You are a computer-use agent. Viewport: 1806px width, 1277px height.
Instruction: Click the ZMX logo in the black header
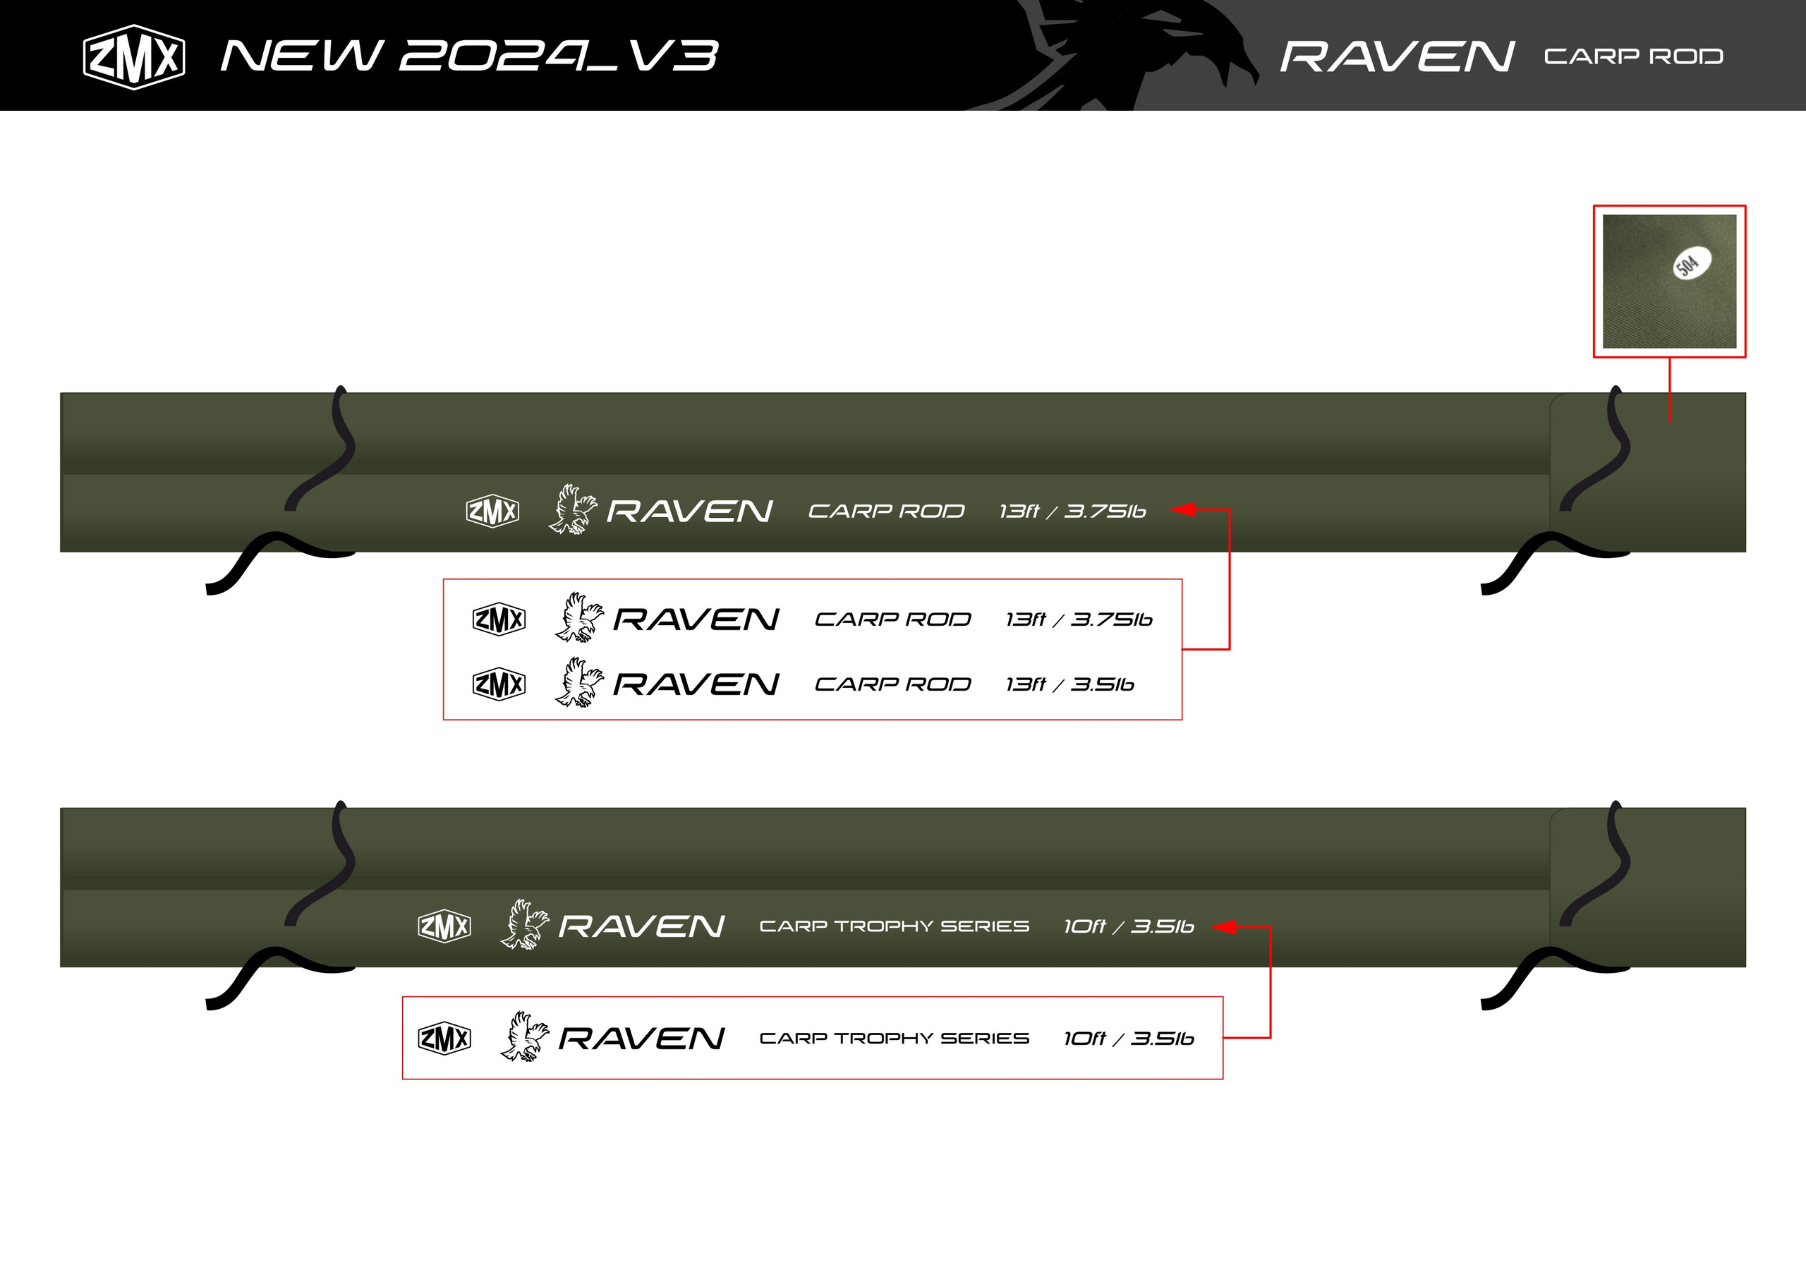pyautogui.click(x=134, y=56)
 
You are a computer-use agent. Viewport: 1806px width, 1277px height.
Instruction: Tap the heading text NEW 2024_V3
pyautogui.click(x=470, y=56)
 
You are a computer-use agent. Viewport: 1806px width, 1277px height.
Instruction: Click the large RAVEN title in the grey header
pyautogui.click(x=1397, y=56)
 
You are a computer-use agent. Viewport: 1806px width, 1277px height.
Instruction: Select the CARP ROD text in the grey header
pyautogui.click(x=1634, y=56)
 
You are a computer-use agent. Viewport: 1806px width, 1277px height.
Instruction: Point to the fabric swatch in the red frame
pyautogui.click(x=1670, y=281)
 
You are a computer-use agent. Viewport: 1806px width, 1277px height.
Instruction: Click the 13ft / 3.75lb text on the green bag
pyautogui.click(x=1072, y=512)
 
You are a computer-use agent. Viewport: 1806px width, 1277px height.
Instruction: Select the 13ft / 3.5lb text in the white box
pyautogui.click(x=1069, y=684)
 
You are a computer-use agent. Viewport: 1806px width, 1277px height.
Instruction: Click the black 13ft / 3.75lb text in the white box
pyautogui.click(x=1079, y=620)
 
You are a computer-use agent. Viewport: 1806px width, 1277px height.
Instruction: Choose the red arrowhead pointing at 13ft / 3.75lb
pyautogui.click(x=1183, y=510)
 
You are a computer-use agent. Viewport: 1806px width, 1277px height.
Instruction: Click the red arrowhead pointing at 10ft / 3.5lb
pyautogui.click(x=1225, y=927)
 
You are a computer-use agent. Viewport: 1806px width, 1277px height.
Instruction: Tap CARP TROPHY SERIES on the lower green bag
pyautogui.click(x=895, y=926)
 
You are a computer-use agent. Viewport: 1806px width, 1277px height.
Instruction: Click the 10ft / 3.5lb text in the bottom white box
pyautogui.click(x=1129, y=1039)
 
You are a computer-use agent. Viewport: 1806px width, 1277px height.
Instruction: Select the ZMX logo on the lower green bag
pyautogui.click(x=444, y=926)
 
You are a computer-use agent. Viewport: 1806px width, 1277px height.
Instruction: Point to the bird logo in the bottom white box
pyautogui.click(x=525, y=1037)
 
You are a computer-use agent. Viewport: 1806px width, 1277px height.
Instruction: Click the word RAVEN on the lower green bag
pyautogui.click(x=641, y=927)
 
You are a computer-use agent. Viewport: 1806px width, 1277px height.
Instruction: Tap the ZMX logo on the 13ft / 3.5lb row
pyautogui.click(x=499, y=684)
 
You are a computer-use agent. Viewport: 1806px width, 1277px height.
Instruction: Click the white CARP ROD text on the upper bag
pyautogui.click(x=887, y=512)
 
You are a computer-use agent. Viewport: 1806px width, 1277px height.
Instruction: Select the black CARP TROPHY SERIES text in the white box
pyautogui.click(x=895, y=1039)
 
